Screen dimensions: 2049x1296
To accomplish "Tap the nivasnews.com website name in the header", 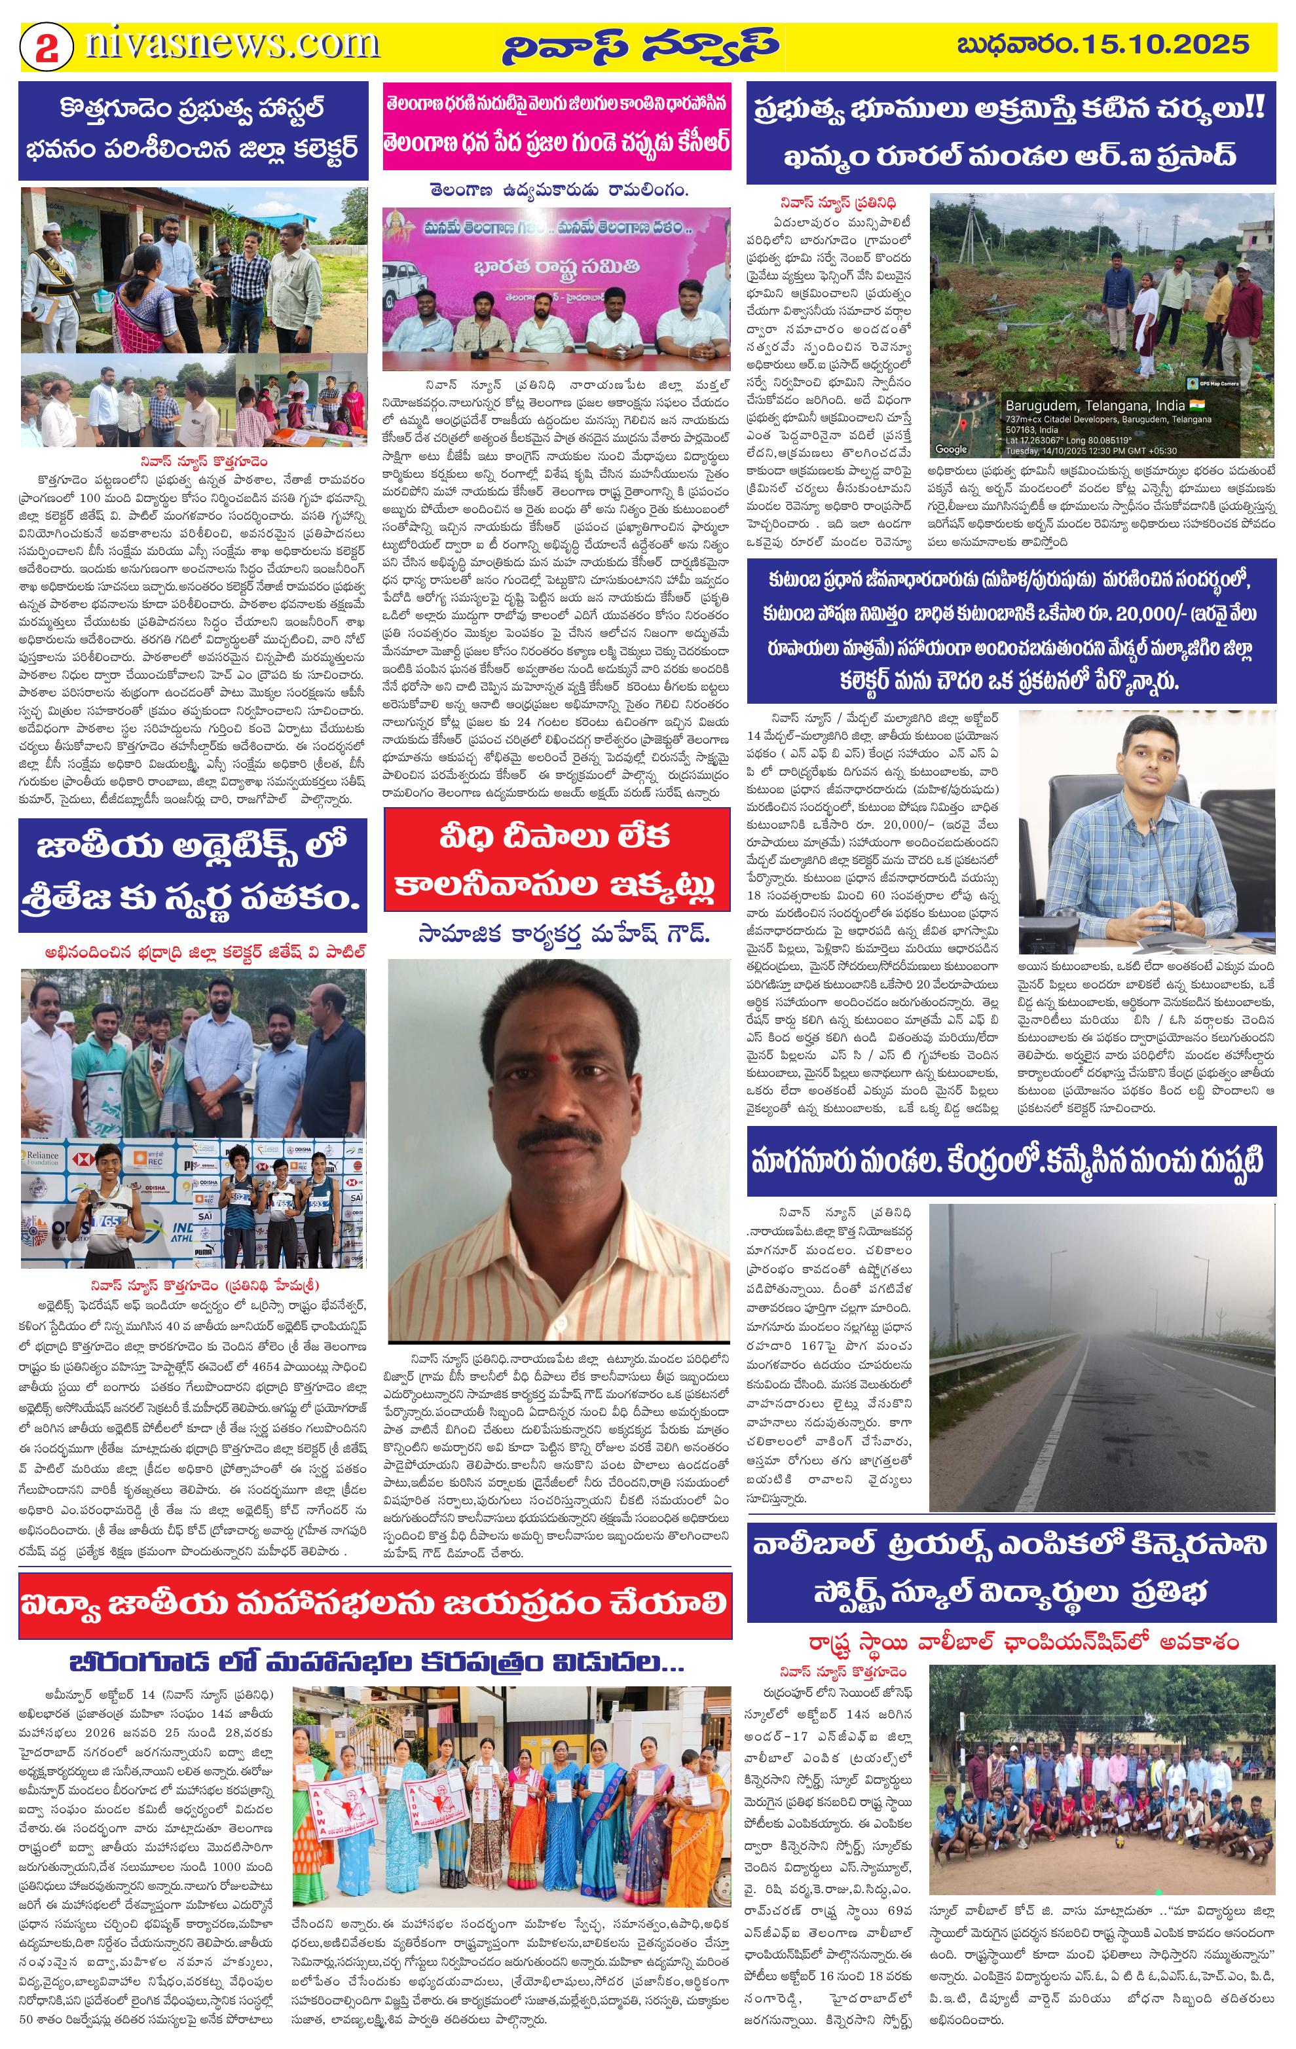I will pos(231,43).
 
